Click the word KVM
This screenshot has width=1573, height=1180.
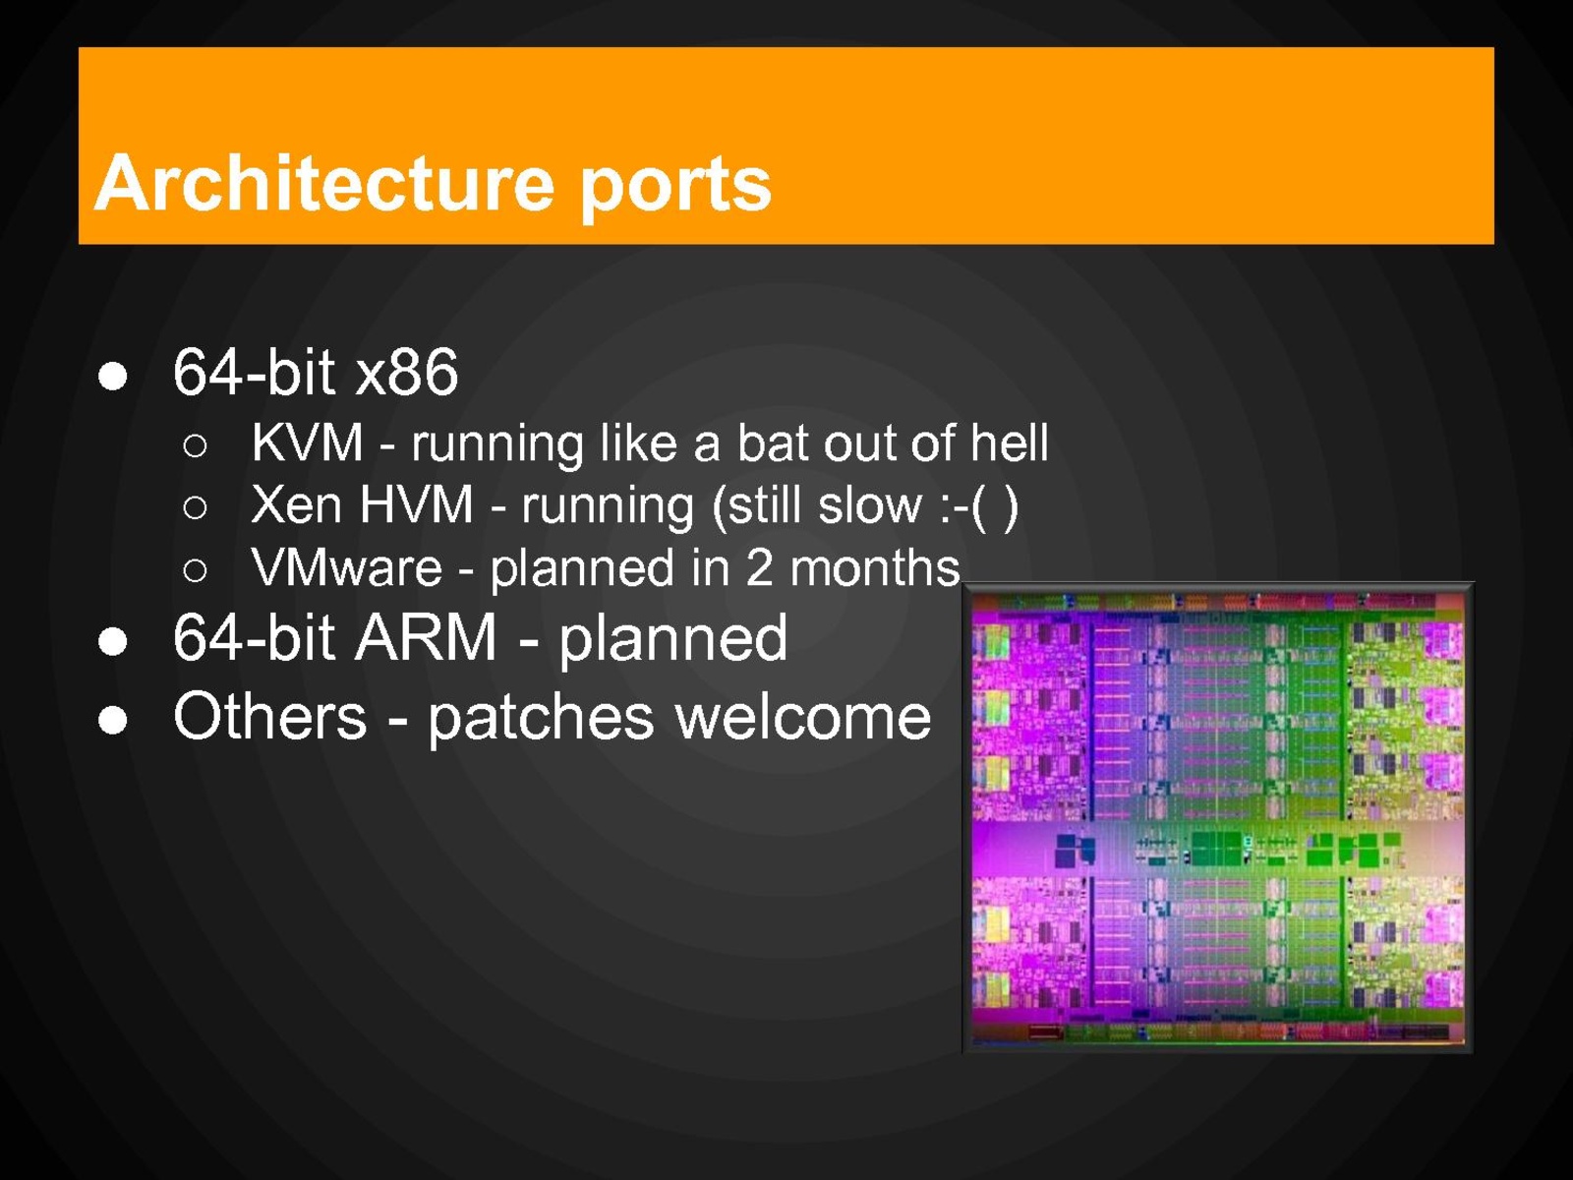point(307,443)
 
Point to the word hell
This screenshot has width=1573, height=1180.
point(1009,443)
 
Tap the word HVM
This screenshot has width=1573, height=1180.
point(416,505)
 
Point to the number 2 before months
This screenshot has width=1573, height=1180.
point(759,568)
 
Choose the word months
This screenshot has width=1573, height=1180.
point(874,568)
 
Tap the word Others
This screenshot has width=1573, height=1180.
point(269,716)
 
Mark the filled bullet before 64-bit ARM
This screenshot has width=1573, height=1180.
point(113,642)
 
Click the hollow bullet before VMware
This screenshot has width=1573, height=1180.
point(195,570)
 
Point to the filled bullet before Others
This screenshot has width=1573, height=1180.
point(113,721)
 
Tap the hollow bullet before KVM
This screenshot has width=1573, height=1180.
point(195,445)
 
